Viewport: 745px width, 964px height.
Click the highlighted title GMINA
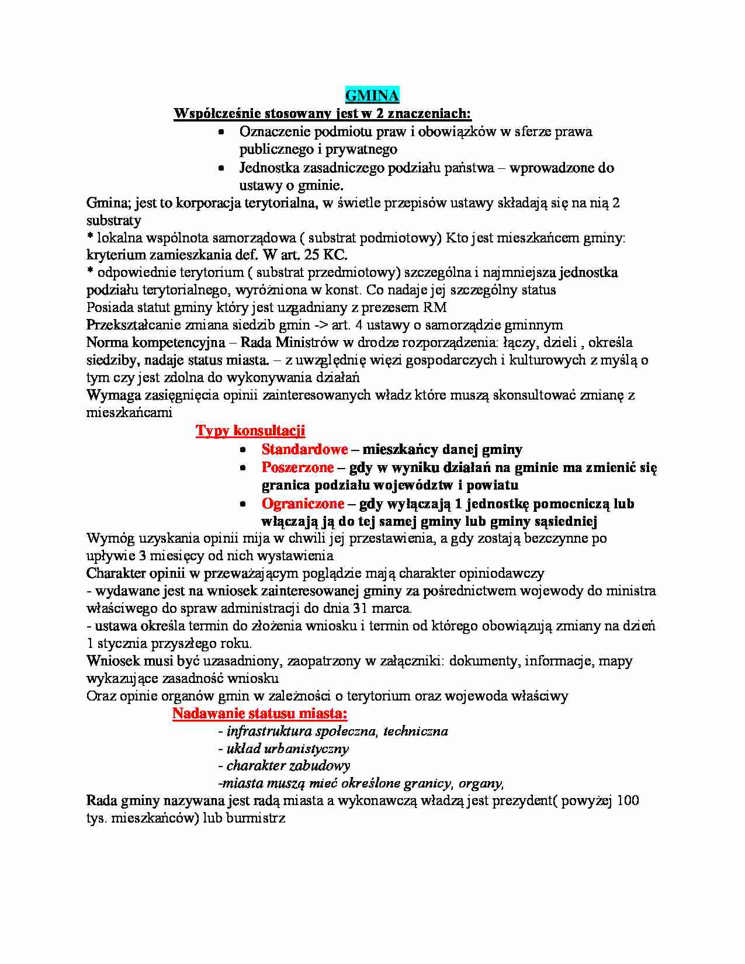(x=372, y=96)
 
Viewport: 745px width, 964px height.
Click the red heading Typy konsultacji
(x=250, y=431)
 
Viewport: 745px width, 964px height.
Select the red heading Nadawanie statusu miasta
(x=259, y=713)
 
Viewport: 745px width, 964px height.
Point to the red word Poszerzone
(x=297, y=467)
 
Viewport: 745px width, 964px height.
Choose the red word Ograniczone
(x=303, y=504)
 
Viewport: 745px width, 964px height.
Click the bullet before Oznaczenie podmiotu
(x=221, y=133)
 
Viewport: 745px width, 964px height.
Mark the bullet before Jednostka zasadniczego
(x=221, y=168)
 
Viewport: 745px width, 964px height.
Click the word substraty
(x=113, y=221)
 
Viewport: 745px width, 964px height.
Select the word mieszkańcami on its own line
(x=129, y=412)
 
